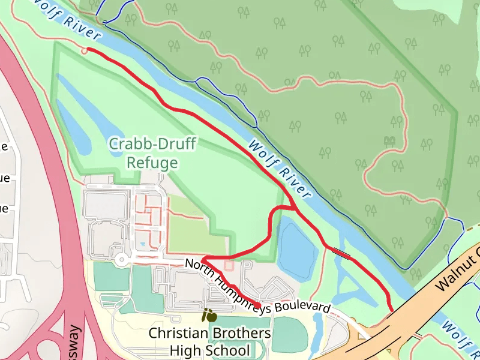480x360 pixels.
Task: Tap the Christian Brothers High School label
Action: point(209,341)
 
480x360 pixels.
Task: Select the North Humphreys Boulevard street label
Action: point(257,286)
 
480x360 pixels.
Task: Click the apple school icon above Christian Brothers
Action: point(209,314)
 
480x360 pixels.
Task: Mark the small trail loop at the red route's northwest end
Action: point(85,51)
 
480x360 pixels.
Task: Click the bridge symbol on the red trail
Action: point(343,254)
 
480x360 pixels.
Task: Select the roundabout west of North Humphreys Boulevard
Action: point(122,260)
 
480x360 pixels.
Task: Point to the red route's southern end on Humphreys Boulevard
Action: point(258,307)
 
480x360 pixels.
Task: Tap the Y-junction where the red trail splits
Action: point(293,208)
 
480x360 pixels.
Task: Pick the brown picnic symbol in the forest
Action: point(389,140)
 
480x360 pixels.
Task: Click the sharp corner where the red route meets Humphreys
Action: point(204,260)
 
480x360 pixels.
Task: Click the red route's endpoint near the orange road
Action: point(391,310)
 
